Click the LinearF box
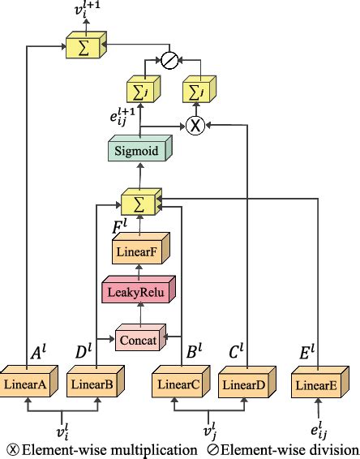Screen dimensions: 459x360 pos(139,251)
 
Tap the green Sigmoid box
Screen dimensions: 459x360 pos(137,150)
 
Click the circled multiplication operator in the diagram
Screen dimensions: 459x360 pos(195,126)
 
